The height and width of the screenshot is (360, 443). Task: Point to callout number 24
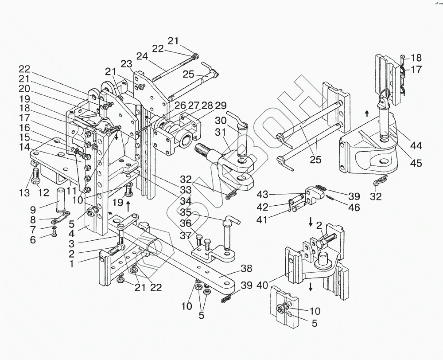(x=142, y=56)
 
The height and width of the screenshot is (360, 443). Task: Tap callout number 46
(x=354, y=207)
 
